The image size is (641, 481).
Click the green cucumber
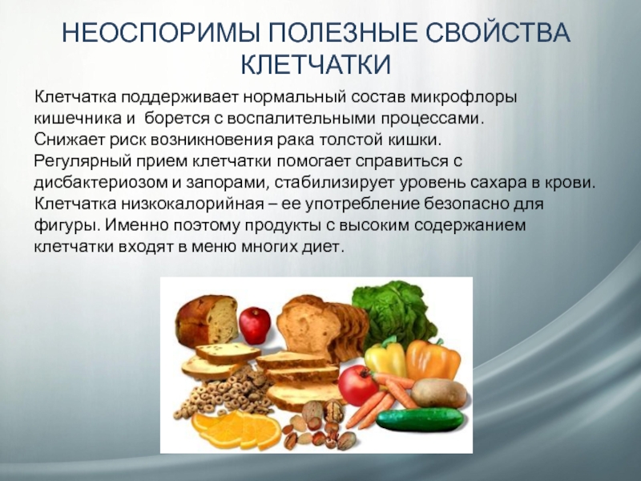(x=420, y=418)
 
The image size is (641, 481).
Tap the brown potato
(x=438, y=394)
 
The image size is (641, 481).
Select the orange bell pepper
(x=433, y=359)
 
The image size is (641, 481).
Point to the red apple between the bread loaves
(x=255, y=325)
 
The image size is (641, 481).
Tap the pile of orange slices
(x=236, y=430)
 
